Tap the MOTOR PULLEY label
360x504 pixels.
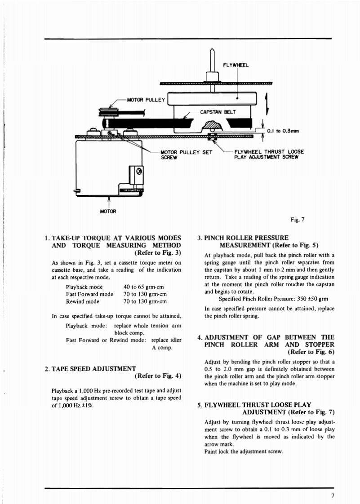pos(147,100)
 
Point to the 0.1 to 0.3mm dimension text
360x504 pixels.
pos(283,131)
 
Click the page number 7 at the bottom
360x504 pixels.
pos(333,496)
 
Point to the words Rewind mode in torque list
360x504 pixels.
pos(83,301)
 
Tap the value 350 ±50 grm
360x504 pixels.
pos(307,299)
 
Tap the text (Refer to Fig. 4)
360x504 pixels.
pos(156,376)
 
